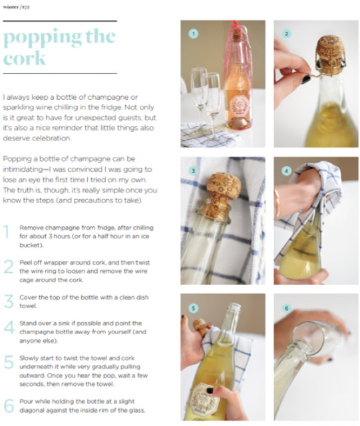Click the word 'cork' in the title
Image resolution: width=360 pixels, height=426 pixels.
coord(24,58)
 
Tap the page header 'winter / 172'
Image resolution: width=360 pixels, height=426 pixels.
coord(16,7)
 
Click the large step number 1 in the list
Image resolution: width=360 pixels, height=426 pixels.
coord(7,232)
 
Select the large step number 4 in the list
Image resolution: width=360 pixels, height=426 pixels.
coord(9,327)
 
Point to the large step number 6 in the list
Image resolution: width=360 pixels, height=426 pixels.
coord(9,405)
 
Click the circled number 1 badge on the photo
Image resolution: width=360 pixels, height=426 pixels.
coord(194,34)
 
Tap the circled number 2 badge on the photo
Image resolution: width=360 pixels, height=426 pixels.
coord(286,34)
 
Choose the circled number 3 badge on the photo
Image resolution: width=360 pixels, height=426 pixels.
coord(194,171)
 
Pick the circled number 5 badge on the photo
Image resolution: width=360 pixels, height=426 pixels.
coord(194,308)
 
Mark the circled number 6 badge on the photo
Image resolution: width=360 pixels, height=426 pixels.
coord(286,308)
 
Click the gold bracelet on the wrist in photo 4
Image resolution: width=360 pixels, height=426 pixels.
coord(277,204)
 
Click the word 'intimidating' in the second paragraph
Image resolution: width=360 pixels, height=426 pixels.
coord(21,169)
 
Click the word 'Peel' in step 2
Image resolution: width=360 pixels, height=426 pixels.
coord(25,262)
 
